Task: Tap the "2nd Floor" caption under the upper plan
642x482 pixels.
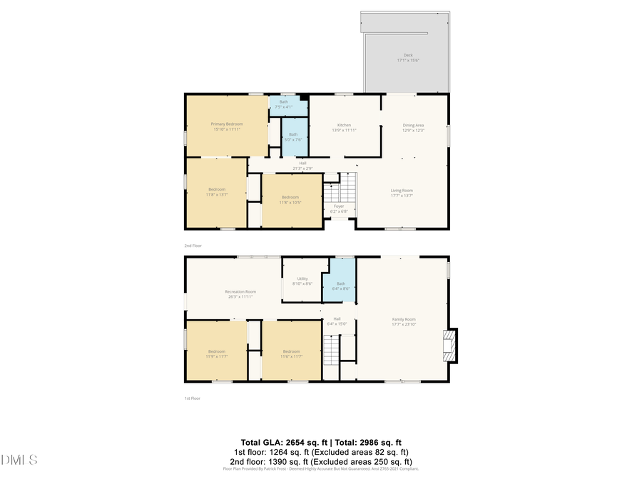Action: click(193, 246)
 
